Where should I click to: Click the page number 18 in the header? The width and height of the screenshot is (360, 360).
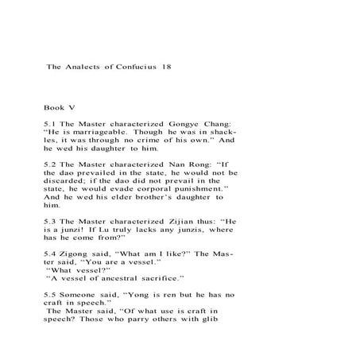click(x=165, y=68)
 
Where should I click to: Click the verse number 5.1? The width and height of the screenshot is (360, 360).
click(x=51, y=124)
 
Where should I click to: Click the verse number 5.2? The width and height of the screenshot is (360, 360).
click(x=51, y=164)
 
